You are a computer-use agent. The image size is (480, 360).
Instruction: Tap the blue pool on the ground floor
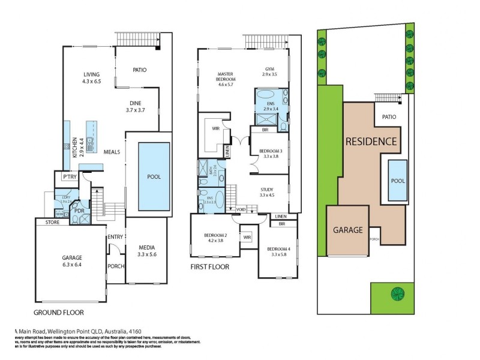coord(154,177)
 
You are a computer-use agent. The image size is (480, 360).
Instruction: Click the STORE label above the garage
coord(46,223)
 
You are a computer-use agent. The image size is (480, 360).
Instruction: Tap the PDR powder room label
coord(79,211)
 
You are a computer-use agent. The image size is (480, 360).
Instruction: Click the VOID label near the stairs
coord(241,209)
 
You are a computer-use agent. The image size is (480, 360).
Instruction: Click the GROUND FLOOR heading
coord(58,313)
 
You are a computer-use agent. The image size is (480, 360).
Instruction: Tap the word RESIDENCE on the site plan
coord(370,142)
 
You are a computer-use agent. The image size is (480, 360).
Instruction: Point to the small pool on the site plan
coord(397,181)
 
